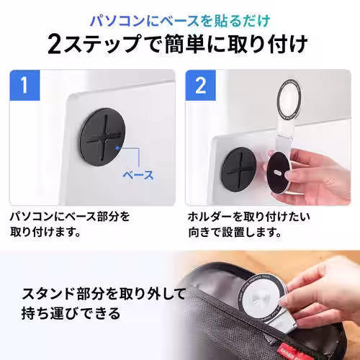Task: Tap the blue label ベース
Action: point(138,175)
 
